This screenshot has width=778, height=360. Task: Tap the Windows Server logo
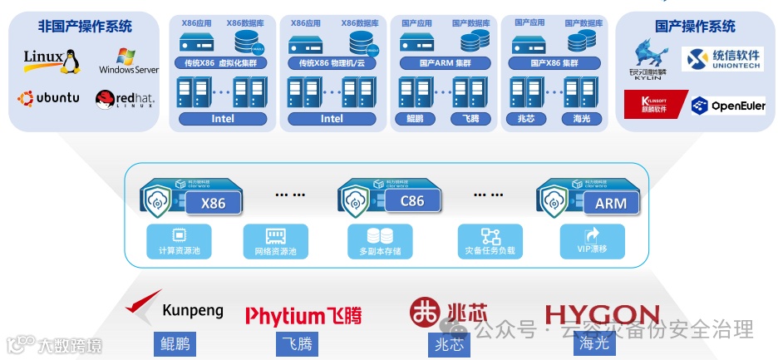tap(128, 62)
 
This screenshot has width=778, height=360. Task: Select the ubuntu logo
tap(49, 98)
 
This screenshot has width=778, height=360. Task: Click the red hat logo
tap(125, 100)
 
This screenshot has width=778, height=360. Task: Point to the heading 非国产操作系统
tap(85, 26)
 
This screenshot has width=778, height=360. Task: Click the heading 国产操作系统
tap(695, 26)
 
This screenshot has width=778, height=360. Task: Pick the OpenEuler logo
tap(728, 106)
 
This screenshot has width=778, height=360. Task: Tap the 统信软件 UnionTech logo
tap(721, 60)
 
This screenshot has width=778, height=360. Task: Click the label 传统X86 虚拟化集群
tap(222, 63)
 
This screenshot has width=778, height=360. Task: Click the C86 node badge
tap(411, 201)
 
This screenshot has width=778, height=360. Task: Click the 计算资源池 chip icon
tap(178, 235)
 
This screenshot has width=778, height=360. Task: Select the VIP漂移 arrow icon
tap(592, 235)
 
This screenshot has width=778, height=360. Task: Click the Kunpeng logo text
tap(193, 311)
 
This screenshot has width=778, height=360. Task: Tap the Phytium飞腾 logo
tap(303, 315)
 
